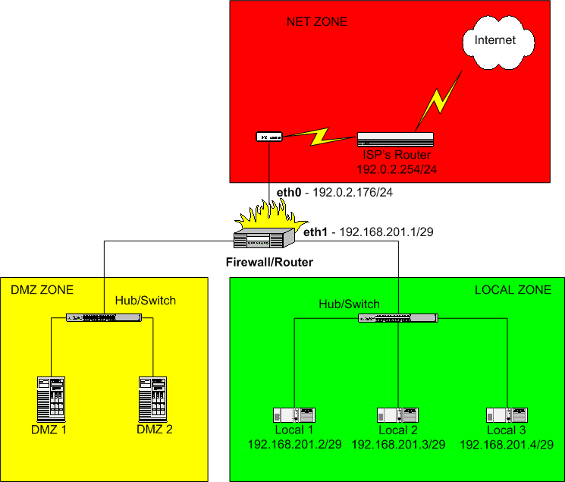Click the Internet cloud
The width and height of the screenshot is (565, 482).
pyautogui.click(x=498, y=43)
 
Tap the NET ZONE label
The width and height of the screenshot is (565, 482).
pyautogui.click(x=317, y=22)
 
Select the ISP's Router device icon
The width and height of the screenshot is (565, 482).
pyautogui.click(x=395, y=139)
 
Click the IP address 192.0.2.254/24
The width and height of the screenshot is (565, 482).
pyautogui.click(x=397, y=169)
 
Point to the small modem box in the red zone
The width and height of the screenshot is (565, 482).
pyautogui.click(x=268, y=137)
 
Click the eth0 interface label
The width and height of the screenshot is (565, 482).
pyautogui.click(x=289, y=192)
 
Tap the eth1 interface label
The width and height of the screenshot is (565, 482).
pyautogui.click(x=315, y=232)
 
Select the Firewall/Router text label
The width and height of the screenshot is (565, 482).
pyautogui.click(x=269, y=262)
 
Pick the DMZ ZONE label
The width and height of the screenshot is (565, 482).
pyautogui.click(x=42, y=290)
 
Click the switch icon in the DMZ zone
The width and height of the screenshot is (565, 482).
pyautogui.click(x=104, y=317)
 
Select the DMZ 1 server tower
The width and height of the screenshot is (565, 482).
pyautogui.click(x=51, y=399)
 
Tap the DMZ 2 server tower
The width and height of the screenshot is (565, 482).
pyautogui.click(x=152, y=399)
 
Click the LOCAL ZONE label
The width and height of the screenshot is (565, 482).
pyautogui.click(x=513, y=290)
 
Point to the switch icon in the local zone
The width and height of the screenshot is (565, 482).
pyautogui.click(x=398, y=318)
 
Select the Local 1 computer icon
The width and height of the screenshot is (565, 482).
pyautogui.click(x=294, y=415)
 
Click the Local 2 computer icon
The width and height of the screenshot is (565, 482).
pyautogui.click(x=398, y=415)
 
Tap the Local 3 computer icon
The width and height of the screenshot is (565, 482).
pyautogui.click(x=507, y=415)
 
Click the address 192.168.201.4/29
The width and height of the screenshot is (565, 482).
pyautogui.click(x=507, y=445)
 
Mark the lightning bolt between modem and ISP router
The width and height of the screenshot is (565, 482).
pyautogui.click(x=319, y=137)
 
